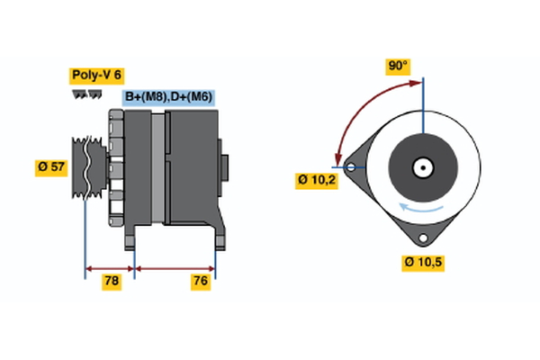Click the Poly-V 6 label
pyautogui.click(x=95, y=76)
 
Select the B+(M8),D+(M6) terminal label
pyautogui.click(x=169, y=96)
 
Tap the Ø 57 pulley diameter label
pyautogui.click(x=52, y=166)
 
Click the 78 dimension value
pyautogui.click(x=112, y=282)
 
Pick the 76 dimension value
pyautogui.click(x=201, y=282)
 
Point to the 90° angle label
pyautogui.click(x=398, y=66)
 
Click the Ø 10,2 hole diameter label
pyautogui.click(x=317, y=180)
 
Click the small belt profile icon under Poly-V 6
pyautogui.click(x=86, y=94)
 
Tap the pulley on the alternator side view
pyautogui.click(x=86, y=166)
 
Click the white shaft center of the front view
pyautogui.click(x=421, y=166)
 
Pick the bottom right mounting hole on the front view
pyautogui.click(x=422, y=238)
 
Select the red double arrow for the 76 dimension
pyautogui.click(x=175, y=267)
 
